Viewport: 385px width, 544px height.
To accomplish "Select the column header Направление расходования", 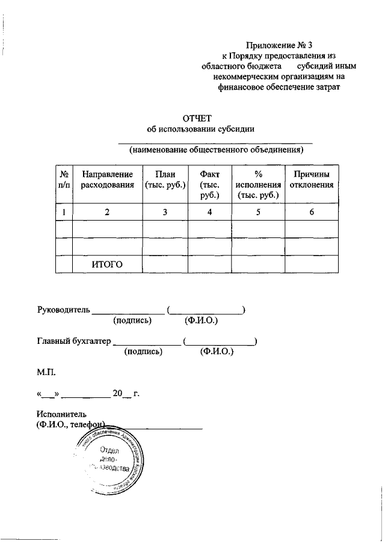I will pos(107,180).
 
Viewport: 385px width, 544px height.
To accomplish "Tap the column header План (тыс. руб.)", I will pos(165,180).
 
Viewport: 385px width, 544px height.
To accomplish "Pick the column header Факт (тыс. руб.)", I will pos(209,185).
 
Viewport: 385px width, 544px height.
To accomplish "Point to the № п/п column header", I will pos(64,180).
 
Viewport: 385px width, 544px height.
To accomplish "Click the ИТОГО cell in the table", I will pos(107,264).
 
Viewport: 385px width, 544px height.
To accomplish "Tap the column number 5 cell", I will pos(258,212).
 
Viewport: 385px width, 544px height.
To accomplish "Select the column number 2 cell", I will pos(107,212).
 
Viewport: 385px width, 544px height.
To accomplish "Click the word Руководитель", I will pos(63,310).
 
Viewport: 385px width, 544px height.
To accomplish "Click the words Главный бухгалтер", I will pos(73,341).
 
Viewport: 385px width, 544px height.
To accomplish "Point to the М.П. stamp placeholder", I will pos(46,373).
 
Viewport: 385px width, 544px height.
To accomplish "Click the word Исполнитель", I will pos(61,414).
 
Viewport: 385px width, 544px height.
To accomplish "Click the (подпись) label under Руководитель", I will pos(132,321).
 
